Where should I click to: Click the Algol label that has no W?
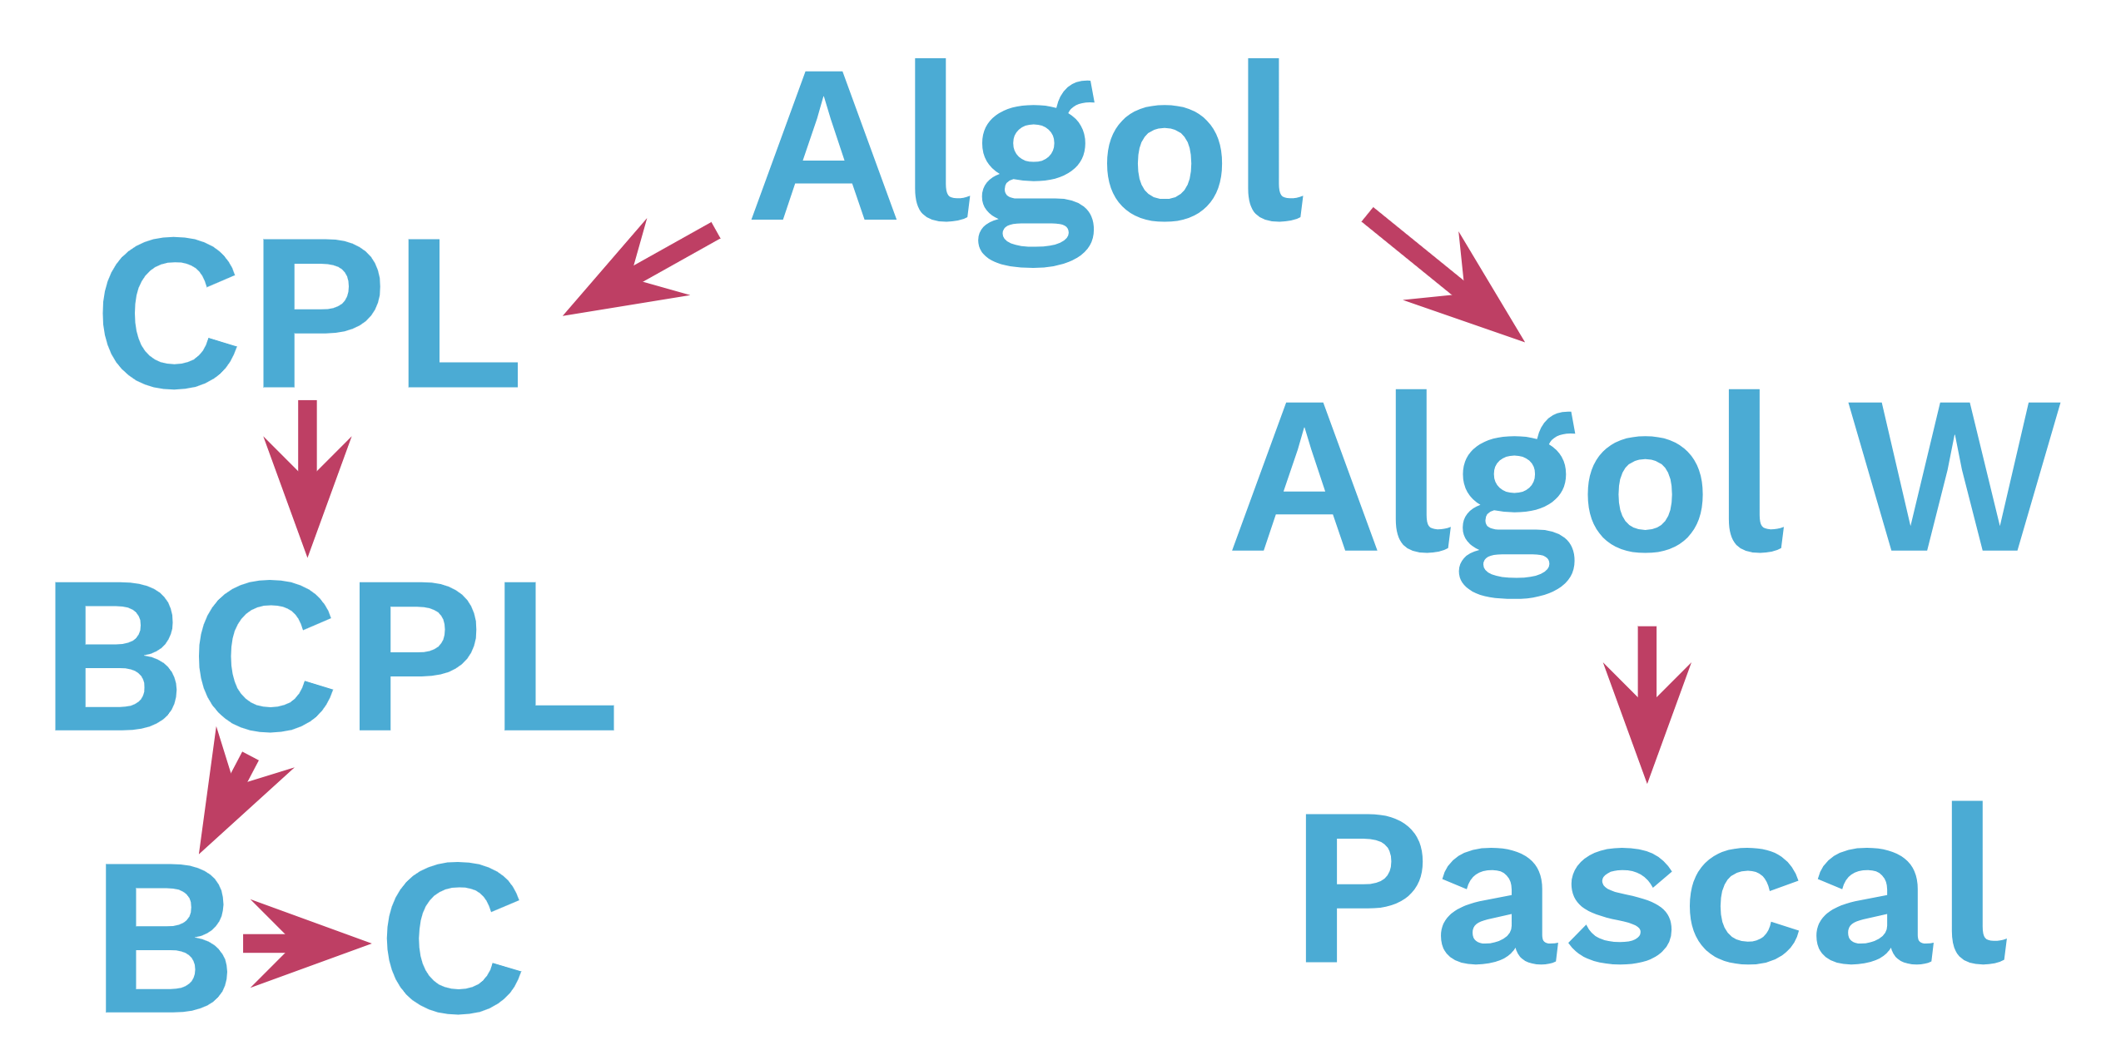pos(1027,162)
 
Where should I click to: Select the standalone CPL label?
pos(310,314)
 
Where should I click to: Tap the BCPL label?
pos(335,656)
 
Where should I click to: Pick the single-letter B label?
pos(166,939)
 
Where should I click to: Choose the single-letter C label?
pos(454,939)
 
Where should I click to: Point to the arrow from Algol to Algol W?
pos(1443,275)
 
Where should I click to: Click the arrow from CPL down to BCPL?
pos(307,479)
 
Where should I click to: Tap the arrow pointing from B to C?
pos(307,944)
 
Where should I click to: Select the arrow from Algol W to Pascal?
pos(1647,705)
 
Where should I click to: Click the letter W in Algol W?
pos(1955,477)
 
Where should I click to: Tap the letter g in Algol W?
pos(1517,505)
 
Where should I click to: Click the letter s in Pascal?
pos(1620,906)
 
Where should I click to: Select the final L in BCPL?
pos(559,656)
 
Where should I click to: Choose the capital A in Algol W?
pos(1304,477)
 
